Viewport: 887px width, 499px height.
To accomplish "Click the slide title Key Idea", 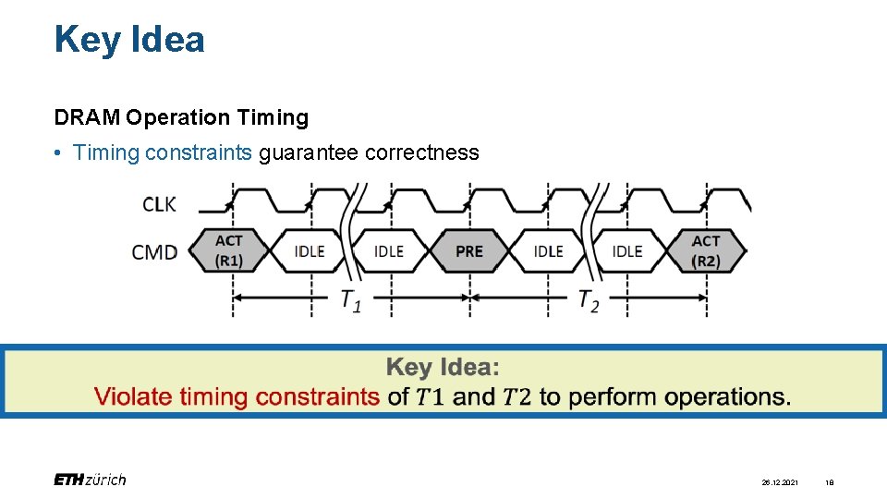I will click(x=129, y=40).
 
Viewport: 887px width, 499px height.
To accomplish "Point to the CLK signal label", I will click(x=159, y=204).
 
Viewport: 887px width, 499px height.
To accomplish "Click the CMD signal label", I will click(x=155, y=251).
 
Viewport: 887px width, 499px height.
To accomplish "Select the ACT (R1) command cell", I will click(x=229, y=250).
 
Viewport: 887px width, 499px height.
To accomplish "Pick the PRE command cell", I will click(x=468, y=250).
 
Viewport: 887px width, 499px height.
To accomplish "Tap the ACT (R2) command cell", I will click(x=706, y=250).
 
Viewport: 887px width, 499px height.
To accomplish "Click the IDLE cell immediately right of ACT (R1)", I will click(x=310, y=250).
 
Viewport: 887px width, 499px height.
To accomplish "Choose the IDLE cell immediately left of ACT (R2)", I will click(x=627, y=250).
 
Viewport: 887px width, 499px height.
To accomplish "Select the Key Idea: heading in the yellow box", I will click(x=443, y=368).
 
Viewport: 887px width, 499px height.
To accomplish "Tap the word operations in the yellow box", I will click(x=728, y=397).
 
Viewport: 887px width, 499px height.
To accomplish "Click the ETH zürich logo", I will click(x=90, y=480).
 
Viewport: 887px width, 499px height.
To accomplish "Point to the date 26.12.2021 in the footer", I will click(x=781, y=481).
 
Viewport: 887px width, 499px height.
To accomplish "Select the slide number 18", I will click(x=830, y=481).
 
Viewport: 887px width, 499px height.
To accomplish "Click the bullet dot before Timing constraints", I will click(x=58, y=152).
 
